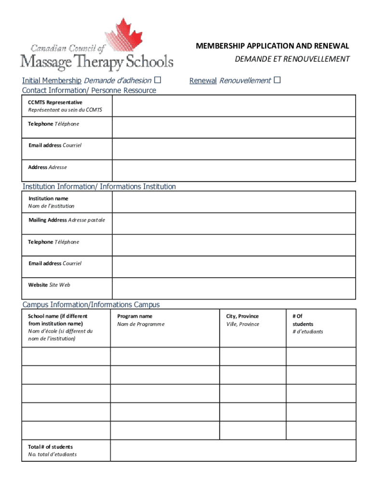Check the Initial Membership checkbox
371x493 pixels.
[x=158, y=80]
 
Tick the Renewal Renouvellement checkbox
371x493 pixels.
[x=277, y=80]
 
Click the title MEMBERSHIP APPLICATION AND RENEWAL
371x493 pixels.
[x=272, y=46]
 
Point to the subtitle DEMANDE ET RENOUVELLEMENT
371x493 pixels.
[x=292, y=59]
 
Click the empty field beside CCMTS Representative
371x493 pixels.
[x=234, y=106]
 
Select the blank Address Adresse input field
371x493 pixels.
[x=234, y=170]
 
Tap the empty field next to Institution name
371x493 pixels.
[x=234, y=202]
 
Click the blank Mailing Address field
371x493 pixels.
[x=234, y=223]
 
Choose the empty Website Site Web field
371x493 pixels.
[x=234, y=288]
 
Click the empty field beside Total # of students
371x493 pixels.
[x=233, y=451]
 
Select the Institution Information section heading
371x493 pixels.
[x=99, y=186]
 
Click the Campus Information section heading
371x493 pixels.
[x=91, y=305]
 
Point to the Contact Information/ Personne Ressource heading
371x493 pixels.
[x=89, y=91]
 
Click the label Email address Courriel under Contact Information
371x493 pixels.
[x=54, y=145]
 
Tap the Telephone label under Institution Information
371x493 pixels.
[x=53, y=242]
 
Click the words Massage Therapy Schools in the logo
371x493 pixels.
[x=96, y=61]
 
